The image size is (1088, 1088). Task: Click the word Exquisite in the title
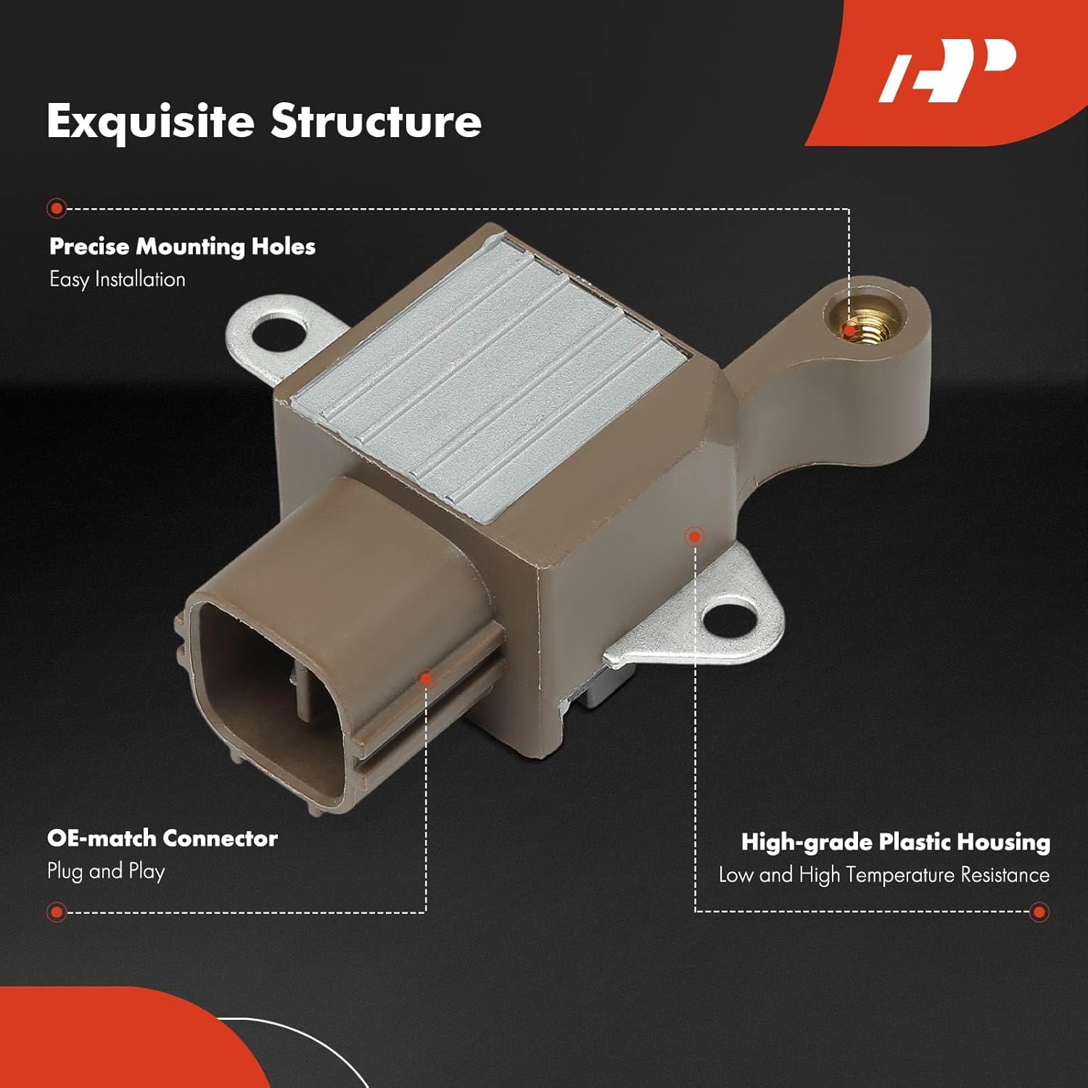(x=150, y=121)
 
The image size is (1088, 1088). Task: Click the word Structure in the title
(x=376, y=121)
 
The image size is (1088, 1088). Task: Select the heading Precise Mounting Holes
(x=182, y=247)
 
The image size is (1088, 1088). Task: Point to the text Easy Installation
(x=118, y=279)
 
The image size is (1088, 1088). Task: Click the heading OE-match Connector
(x=162, y=838)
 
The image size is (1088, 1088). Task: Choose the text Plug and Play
(x=106, y=871)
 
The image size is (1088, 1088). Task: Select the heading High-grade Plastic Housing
(x=895, y=842)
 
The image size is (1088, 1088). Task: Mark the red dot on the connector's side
(x=426, y=679)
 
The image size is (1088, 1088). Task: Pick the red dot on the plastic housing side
(x=694, y=537)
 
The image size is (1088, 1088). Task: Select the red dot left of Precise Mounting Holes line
(x=57, y=209)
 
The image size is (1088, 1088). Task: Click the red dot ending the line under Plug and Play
(x=57, y=912)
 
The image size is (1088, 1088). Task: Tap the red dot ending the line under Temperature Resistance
(x=1039, y=912)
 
